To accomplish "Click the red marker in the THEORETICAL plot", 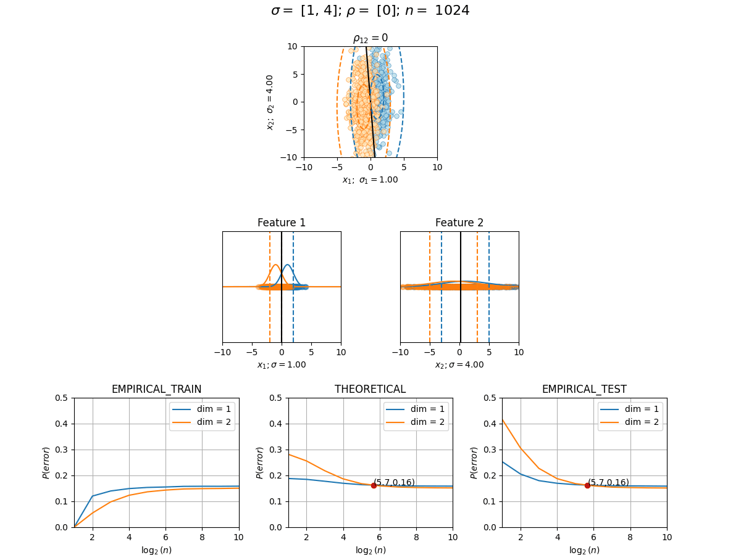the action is coord(374,485).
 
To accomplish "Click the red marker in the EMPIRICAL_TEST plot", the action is coord(587,485).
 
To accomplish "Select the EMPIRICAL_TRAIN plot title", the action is coord(156,389).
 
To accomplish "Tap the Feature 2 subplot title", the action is coord(459,223).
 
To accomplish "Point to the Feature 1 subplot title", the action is coord(281,223).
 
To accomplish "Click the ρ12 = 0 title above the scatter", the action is coord(371,38).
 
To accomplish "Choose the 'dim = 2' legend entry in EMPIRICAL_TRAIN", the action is coord(201,422).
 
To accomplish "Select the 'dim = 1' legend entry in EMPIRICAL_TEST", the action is coord(630,409).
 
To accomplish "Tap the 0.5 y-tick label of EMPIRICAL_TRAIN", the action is coord(61,398).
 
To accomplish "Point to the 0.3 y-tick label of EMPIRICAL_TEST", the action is coord(490,450).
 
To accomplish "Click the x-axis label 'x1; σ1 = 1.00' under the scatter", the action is coord(371,180).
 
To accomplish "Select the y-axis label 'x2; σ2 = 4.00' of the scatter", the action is coord(270,102).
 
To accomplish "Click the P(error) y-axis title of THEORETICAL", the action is coord(259,462).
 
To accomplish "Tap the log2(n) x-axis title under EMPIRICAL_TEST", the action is coord(584,550).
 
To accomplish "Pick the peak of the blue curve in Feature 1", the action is coord(288,265).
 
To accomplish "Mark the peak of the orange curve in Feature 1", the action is coord(276,265).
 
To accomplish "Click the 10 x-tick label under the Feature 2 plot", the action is coord(519,352).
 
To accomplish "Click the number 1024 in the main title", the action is coord(452,10).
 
